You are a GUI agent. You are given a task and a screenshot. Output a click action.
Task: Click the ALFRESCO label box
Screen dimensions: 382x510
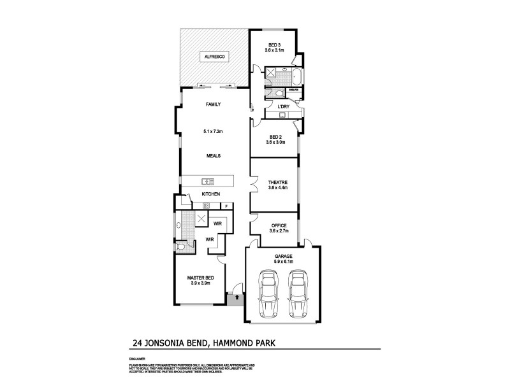pos(212,57)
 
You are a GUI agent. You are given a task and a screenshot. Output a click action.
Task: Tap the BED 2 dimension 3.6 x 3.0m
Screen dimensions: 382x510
pos(275,143)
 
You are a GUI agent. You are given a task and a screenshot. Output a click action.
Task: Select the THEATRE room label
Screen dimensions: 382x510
pos(278,182)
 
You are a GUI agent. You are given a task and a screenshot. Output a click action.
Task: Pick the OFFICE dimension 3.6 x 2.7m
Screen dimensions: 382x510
pos(279,231)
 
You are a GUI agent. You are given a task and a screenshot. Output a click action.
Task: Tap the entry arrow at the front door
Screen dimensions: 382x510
pos(237,296)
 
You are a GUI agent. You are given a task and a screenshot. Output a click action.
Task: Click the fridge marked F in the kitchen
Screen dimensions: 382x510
pos(225,206)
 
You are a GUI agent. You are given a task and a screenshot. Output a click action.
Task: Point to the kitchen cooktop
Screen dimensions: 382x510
pos(206,205)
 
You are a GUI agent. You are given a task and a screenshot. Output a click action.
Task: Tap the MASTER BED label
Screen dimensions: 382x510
pos(200,278)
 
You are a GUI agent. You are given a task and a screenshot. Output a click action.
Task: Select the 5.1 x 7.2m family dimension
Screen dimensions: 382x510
pos(212,131)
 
